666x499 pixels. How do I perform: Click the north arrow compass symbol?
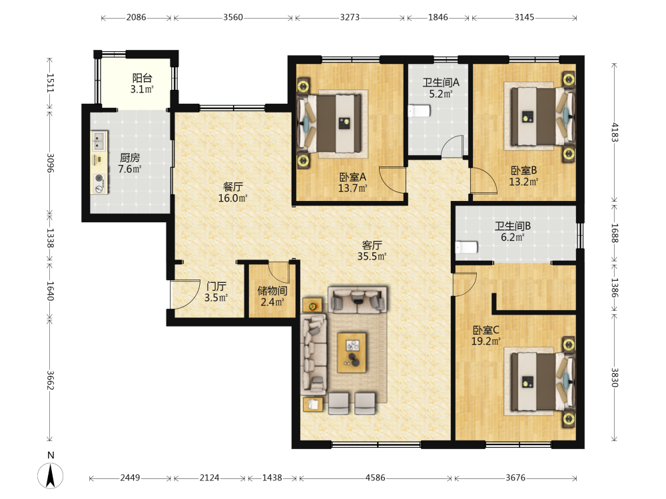pyautogui.click(x=51, y=475)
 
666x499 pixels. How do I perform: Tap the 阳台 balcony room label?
pyautogui.click(x=142, y=78)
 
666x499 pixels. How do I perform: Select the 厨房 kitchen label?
pyautogui.click(x=130, y=158)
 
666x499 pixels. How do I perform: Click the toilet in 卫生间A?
pyautogui.click(x=419, y=111)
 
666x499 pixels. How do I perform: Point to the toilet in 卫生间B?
pyautogui.click(x=467, y=247)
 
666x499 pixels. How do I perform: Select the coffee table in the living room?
pyautogui.click(x=351, y=353)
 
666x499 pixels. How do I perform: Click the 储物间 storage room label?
pyautogui.click(x=272, y=291)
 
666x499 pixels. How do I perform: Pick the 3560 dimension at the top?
pyautogui.click(x=233, y=17)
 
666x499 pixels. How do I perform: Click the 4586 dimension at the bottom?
pyautogui.click(x=376, y=478)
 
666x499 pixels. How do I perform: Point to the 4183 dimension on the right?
pyautogui.click(x=615, y=132)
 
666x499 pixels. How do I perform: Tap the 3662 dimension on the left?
pyautogui.click(x=50, y=380)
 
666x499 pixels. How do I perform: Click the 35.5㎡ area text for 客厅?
pyautogui.click(x=372, y=256)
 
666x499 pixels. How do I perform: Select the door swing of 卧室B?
pyautogui.click(x=484, y=181)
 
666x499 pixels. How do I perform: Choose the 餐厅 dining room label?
pyautogui.click(x=232, y=187)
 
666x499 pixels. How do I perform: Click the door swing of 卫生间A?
pyautogui.click(x=452, y=146)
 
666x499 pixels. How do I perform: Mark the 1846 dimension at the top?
pyautogui.click(x=438, y=17)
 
